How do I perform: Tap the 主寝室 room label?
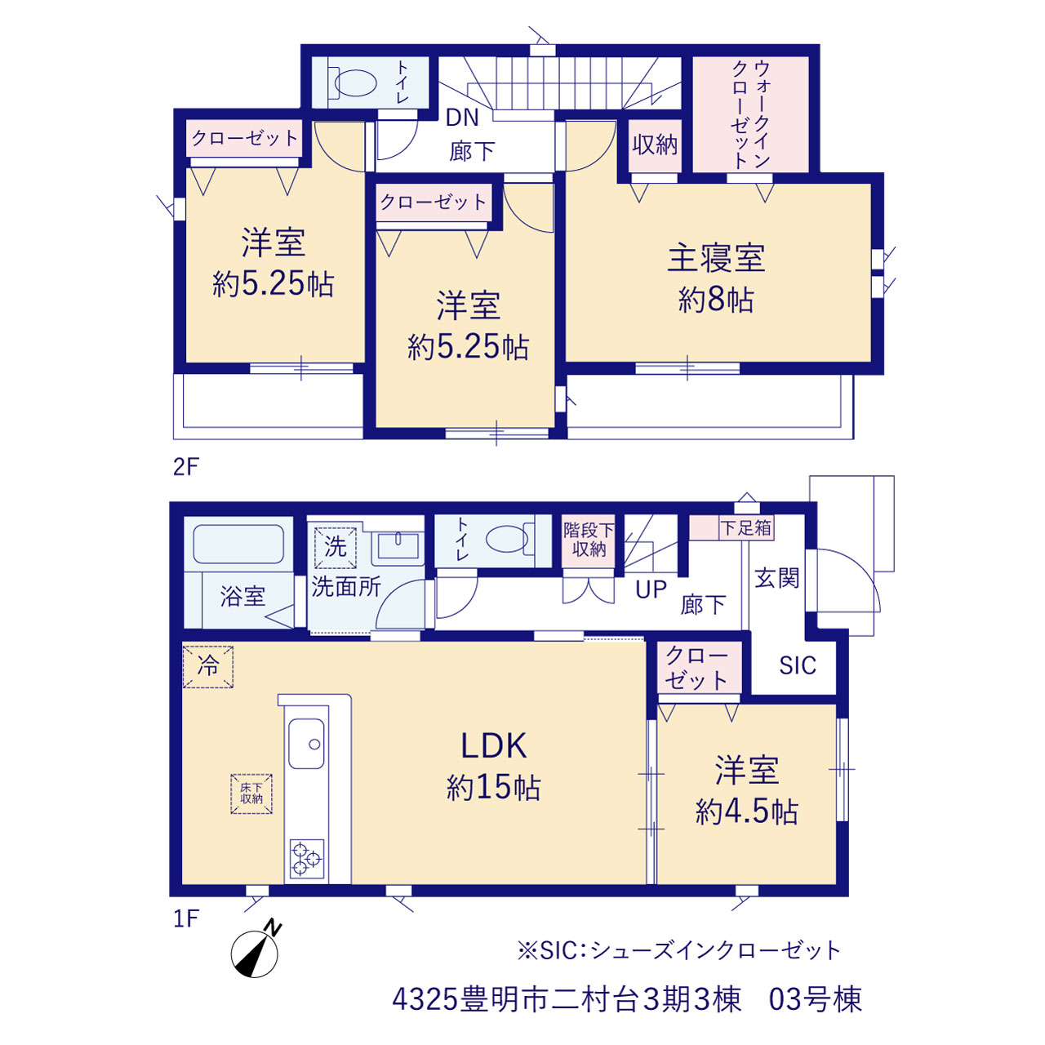click(x=716, y=258)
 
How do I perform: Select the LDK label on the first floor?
click(x=493, y=746)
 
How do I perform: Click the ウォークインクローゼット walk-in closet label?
click(x=750, y=113)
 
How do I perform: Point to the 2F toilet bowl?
click(x=355, y=83)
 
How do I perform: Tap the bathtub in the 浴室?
click(x=238, y=544)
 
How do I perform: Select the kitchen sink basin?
click(x=306, y=744)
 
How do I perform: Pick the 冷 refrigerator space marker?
click(x=208, y=666)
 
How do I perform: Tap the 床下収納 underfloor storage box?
click(x=251, y=794)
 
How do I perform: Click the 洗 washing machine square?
click(x=336, y=547)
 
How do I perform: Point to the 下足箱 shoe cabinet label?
click(x=746, y=527)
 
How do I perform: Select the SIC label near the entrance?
click(x=797, y=665)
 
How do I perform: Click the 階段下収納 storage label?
click(x=589, y=540)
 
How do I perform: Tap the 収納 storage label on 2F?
click(x=655, y=145)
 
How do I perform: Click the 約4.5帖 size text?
click(x=747, y=812)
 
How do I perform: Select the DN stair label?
click(x=462, y=118)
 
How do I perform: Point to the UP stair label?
click(x=651, y=589)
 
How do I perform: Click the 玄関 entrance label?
click(x=777, y=578)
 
